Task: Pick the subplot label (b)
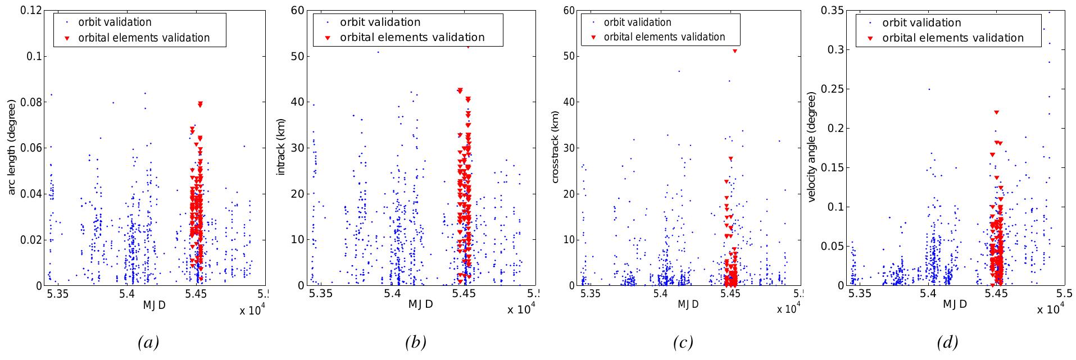tap(416, 343)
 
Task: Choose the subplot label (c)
tap(683, 343)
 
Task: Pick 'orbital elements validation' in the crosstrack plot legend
tap(664, 37)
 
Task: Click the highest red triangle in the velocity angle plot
tap(996, 112)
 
